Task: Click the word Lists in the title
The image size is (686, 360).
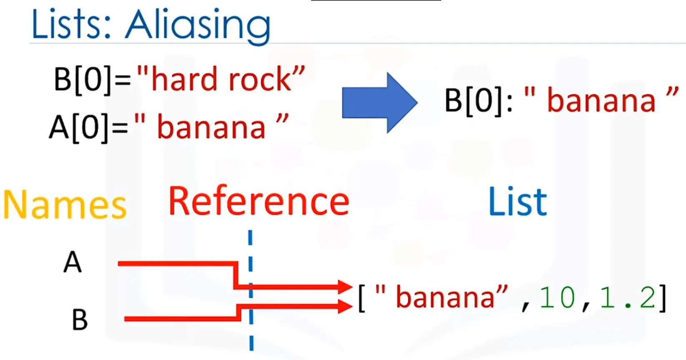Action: (71, 25)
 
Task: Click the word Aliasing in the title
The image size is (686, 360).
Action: (198, 27)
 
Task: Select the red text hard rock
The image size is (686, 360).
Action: (221, 79)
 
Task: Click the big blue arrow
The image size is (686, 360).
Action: (380, 103)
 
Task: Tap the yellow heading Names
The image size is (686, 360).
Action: (65, 205)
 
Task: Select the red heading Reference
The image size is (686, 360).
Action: (259, 201)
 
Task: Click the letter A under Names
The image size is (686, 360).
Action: (72, 262)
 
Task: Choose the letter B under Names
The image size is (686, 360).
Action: (80, 319)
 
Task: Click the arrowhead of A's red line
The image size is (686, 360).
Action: (345, 287)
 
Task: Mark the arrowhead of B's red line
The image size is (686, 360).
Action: (345, 306)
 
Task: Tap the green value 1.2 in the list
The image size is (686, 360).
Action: (627, 297)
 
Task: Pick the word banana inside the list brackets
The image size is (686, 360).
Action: (446, 297)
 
